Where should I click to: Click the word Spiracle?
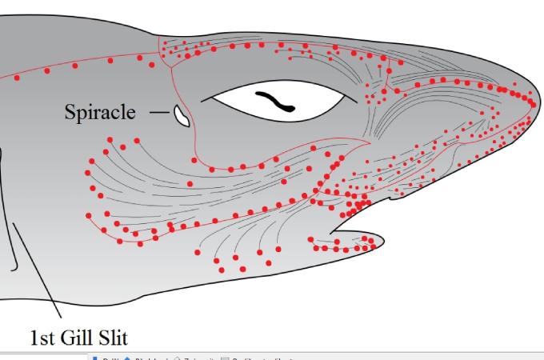click(x=100, y=112)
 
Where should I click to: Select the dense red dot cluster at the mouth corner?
click(x=356, y=206)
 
